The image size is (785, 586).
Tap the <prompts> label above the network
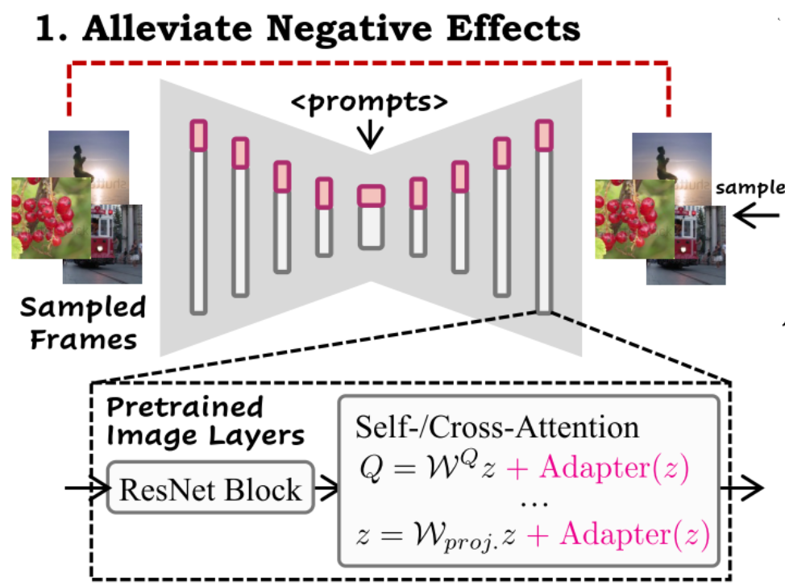tap(370, 104)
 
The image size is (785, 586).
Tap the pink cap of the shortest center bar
tap(372, 196)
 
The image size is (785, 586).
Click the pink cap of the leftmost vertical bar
tap(198, 135)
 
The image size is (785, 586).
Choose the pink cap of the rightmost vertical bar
tap(545, 135)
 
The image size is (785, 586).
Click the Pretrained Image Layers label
tap(205, 422)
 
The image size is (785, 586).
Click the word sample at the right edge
tap(750, 187)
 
